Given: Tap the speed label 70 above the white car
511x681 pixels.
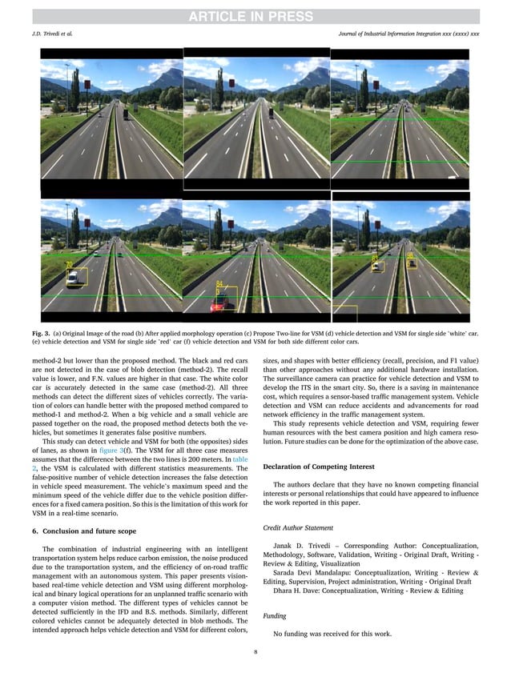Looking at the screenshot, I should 70,265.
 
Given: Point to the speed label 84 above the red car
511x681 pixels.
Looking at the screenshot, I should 219,284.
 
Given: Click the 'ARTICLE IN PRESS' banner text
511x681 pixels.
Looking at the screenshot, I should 255,15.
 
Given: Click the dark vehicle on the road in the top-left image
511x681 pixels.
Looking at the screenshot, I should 124,113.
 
